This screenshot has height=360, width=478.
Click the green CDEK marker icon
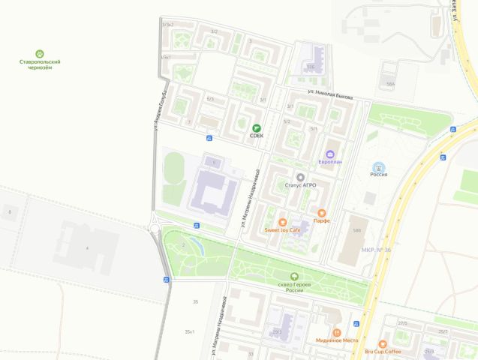click(257, 127)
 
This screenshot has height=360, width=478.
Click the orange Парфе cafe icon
click(322, 212)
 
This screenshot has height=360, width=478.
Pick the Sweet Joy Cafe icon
click(282, 222)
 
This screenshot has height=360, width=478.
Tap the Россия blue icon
click(379, 166)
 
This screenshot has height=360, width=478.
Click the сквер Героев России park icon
click(293, 277)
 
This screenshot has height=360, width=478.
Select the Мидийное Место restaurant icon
click(337, 331)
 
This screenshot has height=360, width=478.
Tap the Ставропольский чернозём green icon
click(40, 54)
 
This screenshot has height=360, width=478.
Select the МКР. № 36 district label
click(375, 250)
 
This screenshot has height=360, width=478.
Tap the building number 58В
click(357, 230)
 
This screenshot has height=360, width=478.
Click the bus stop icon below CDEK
click(209, 138)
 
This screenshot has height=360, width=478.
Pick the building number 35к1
click(190, 331)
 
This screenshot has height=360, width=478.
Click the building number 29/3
click(277, 331)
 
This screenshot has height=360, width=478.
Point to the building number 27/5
click(403, 323)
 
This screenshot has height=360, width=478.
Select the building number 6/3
click(210, 99)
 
